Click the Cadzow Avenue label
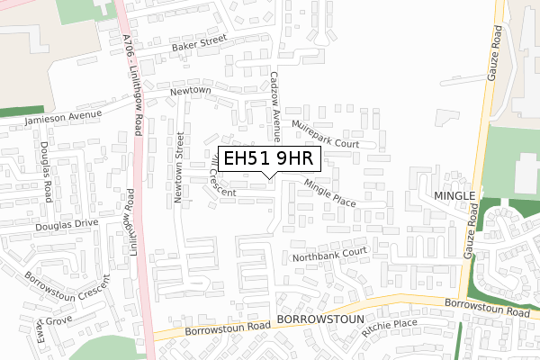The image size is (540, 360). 276,108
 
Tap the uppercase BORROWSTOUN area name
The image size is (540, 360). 320,319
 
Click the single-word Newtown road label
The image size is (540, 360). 191,92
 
